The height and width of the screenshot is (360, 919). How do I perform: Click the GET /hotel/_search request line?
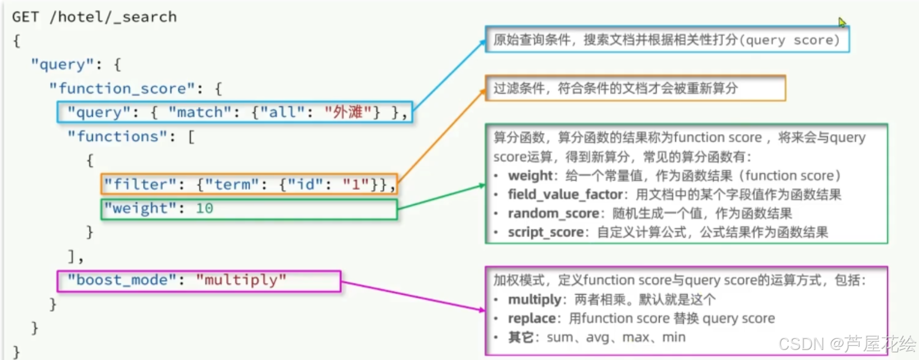pyautogui.click(x=94, y=17)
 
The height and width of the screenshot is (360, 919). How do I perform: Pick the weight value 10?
pyautogui.click(x=205, y=208)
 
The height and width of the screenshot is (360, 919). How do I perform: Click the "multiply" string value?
pyautogui.click(x=241, y=280)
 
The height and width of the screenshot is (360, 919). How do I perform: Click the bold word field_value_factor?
pyautogui.click(x=557, y=195)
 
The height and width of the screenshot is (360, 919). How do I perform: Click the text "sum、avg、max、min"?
pyautogui.click(x=616, y=338)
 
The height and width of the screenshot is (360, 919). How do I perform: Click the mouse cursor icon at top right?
pyautogui.click(x=842, y=22)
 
